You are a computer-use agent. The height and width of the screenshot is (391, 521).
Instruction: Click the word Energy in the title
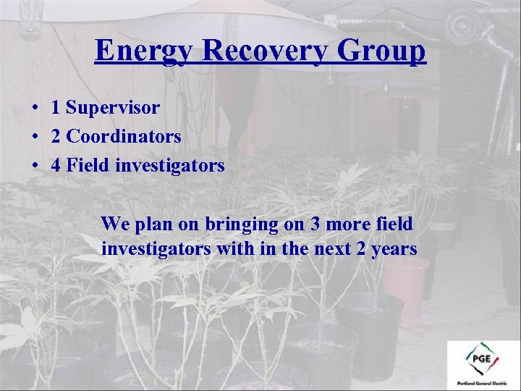[x=143, y=51]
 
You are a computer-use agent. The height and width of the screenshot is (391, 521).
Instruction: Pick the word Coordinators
[x=124, y=136]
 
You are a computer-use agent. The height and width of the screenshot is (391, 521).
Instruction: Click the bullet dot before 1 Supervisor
[x=35, y=109]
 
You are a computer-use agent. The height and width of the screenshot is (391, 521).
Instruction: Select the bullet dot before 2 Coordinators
[x=35, y=137]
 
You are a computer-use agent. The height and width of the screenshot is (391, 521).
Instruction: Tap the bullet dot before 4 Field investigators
[x=35, y=166]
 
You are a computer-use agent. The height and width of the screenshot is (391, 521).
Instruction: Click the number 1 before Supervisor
[x=56, y=108]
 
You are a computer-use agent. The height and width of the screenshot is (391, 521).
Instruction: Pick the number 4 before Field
[x=56, y=165]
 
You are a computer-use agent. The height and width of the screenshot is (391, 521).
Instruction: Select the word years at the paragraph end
[x=394, y=250]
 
